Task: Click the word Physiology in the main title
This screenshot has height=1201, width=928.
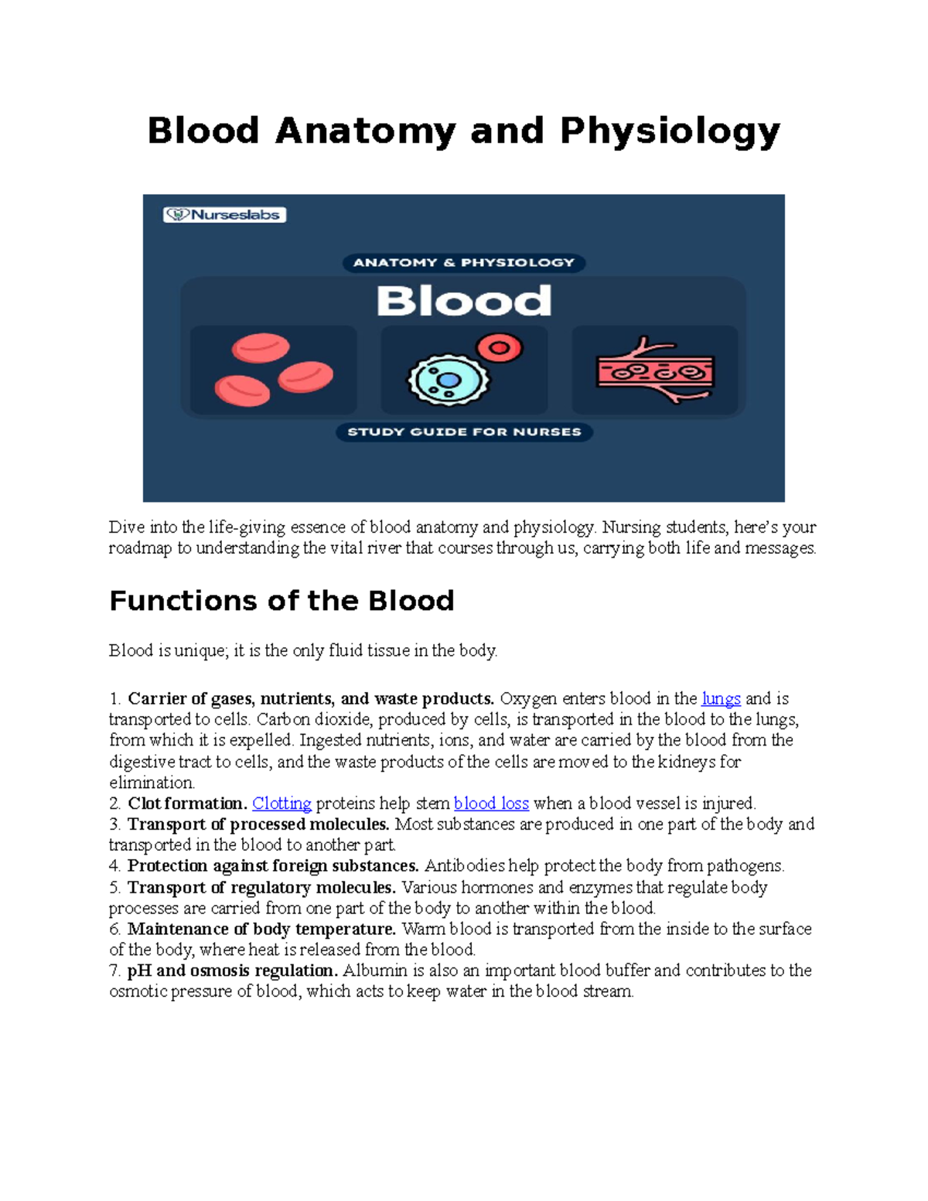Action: click(x=670, y=131)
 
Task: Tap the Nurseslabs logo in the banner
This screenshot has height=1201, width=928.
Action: click(x=224, y=215)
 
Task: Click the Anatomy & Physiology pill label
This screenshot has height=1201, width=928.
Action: click(x=464, y=263)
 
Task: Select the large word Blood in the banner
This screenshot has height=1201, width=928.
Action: click(x=464, y=301)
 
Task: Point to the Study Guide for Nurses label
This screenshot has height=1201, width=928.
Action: click(x=464, y=432)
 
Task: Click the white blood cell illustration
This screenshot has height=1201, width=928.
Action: click(x=449, y=380)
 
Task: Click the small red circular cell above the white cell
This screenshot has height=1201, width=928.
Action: click(x=500, y=348)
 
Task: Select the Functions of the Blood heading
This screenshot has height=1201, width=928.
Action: click(x=281, y=601)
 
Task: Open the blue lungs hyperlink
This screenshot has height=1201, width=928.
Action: click(x=721, y=699)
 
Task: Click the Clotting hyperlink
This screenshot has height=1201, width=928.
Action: click(x=281, y=804)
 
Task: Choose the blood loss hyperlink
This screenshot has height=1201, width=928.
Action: click(x=491, y=804)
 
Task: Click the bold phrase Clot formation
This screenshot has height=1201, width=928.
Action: click(x=187, y=804)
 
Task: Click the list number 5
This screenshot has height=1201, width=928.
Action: click(x=114, y=888)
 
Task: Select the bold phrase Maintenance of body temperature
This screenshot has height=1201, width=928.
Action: click(x=261, y=929)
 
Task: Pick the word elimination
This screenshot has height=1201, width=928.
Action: click(x=152, y=783)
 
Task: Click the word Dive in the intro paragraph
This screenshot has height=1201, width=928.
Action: click(x=126, y=527)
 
